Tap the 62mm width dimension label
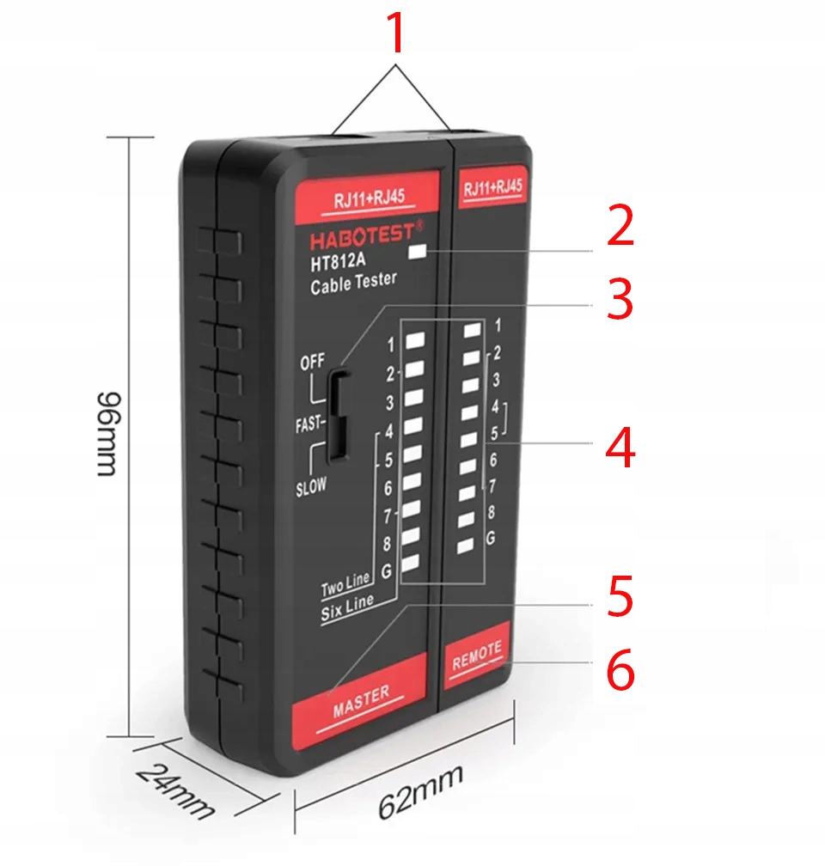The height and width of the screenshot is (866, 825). click(x=421, y=791)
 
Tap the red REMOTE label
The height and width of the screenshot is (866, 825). click(x=476, y=656)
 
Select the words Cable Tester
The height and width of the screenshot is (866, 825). click(x=353, y=284)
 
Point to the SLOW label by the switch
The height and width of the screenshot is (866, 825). click(x=311, y=486)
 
